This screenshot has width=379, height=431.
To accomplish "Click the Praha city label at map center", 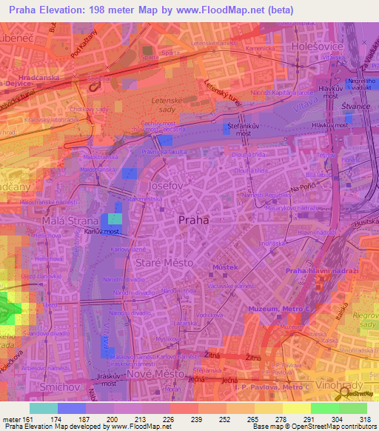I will tap(194, 220).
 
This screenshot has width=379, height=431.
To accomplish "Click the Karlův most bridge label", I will tap(103, 231).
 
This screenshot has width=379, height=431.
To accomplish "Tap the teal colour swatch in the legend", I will tap(43, 408).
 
